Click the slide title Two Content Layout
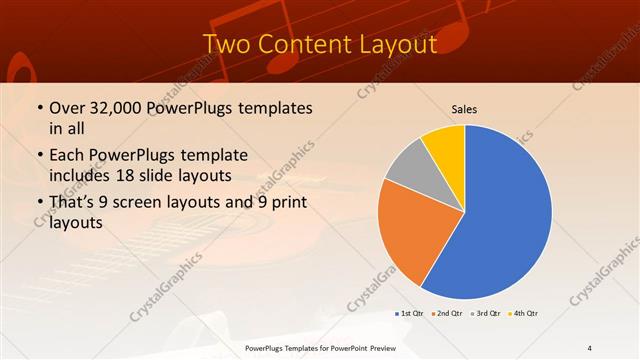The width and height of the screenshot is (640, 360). click(319, 45)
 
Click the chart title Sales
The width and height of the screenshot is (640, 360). click(465, 108)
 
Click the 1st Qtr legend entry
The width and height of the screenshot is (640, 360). click(408, 314)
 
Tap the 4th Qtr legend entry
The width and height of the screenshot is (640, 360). click(524, 314)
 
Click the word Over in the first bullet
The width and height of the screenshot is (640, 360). click(66, 108)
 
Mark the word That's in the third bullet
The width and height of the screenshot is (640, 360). click(76, 203)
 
